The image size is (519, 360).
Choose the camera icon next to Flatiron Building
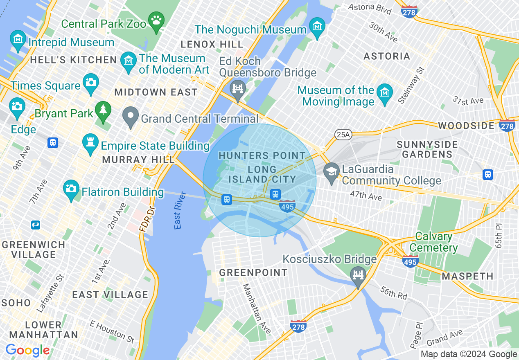point(71,189)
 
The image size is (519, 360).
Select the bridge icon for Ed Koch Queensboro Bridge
point(237,88)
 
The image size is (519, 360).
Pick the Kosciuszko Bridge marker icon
point(358,274)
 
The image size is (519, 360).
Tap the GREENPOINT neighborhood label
point(253,272)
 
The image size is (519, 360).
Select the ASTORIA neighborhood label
point(387,56)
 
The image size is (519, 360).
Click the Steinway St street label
point(411,85)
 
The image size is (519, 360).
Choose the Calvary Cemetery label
point(433,242)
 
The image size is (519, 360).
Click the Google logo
point(27,351)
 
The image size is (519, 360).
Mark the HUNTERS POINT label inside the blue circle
point(262,156)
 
